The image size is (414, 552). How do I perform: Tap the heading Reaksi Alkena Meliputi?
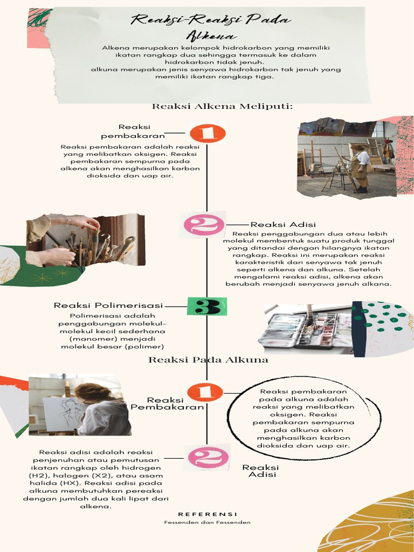pyautogui.click(x=222, y=106)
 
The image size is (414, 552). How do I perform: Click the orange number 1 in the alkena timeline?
pyautogui.click(x=208, y=133)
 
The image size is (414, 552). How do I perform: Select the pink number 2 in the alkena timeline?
pyautogui.click(x=203, y=224)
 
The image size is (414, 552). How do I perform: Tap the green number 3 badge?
pyautogui.click(x=206, y=306)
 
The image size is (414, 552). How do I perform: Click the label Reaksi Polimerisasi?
pyautogui.click(x=108, y=306)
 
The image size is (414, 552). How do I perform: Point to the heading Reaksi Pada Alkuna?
pyautogui.click(x=208, y=360)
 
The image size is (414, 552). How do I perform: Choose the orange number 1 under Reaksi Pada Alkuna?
pyautogui.click(x=205, y=392)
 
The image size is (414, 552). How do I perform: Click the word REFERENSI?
pyautogui.click(x=208, y=514)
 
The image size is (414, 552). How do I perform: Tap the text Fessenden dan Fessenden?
pyautogui.click(x=208, y=522)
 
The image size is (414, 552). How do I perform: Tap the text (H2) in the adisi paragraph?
pyautogui.click(x=38, y=476)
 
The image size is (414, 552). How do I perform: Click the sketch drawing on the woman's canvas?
pyautogui.click(x=68, y=411)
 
